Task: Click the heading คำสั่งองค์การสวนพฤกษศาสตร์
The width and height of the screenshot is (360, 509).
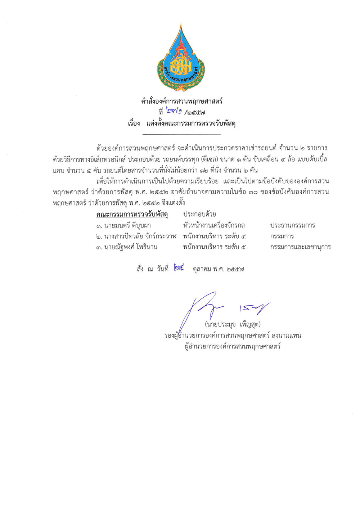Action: (x=182, y=101)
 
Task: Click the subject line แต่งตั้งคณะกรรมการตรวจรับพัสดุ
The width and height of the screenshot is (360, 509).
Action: (x=191, y=123)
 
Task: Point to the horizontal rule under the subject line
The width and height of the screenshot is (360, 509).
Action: (x=182, y=134)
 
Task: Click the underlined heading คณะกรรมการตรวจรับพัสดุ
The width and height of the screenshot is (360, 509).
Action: (x=132, y=215)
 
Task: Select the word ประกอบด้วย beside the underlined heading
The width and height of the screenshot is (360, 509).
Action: (x=199, y=214)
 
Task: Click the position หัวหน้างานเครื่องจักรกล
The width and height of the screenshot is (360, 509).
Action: (x=214, y=226)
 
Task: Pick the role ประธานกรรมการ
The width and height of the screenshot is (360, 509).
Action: (x=293, y=226)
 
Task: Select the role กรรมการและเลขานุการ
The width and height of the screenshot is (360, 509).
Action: (x=300, y=247)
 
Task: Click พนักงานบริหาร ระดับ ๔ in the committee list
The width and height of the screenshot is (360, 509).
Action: (x=215, y=237)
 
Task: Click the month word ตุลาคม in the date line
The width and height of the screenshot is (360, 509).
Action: (x=202, y=269)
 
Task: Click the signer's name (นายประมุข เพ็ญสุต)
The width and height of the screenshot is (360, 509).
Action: (x=233, y=325)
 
